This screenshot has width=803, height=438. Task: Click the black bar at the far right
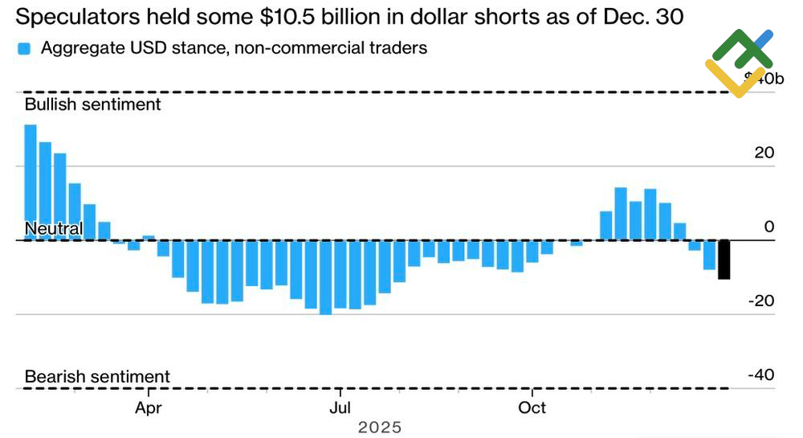click(x=724, y=260)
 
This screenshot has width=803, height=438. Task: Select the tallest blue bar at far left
click(x=31, y=182)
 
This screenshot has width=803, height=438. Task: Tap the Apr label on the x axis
click(x=149, y=407)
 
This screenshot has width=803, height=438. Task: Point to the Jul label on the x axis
click(x=340, y=407)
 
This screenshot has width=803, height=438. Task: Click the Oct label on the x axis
click(x=532, y=407)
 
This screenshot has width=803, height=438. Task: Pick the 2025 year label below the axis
click(x=379, y=428)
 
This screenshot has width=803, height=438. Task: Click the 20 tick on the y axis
click(x=764, y=153)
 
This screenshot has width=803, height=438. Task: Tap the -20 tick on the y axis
click(x=761, y=301)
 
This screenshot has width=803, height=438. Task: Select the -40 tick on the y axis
click(x=761, y=375)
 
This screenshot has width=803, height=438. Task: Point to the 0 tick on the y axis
click(x=769, y=227)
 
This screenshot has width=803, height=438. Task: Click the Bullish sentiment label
click(x=93, y=104)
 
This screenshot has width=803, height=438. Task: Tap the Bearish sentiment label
click(x=97, y=376)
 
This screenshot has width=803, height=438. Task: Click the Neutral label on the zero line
click(x=54, y=229)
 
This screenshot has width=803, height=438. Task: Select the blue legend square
click(x=24, y=48)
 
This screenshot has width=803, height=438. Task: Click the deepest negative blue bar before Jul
click(x=325, y=277)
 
